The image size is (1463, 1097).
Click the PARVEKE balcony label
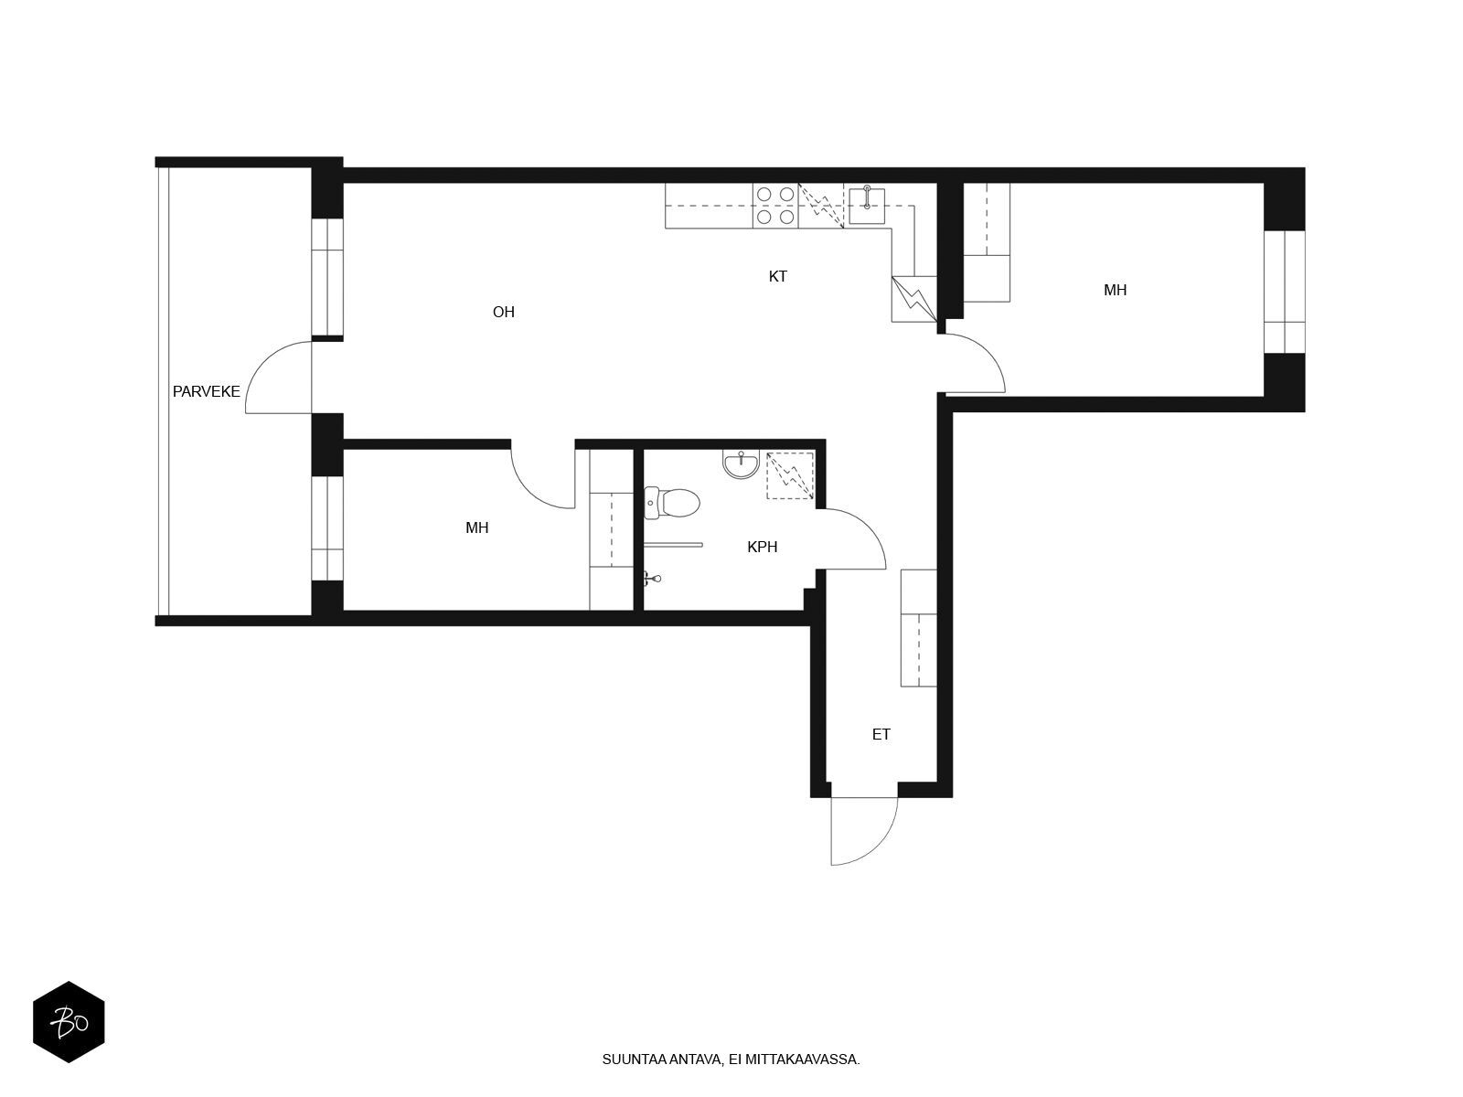click(206, 391)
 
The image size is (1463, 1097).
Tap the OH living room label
click(503, 312)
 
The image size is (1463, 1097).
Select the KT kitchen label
click(778, 276)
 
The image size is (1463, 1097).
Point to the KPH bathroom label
click(762, 547)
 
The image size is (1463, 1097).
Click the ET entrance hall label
click(881, 734)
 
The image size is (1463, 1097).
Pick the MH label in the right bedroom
click(1115, 290)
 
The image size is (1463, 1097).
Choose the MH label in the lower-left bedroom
click(477, 527)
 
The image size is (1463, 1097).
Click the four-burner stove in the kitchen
click(775, 206)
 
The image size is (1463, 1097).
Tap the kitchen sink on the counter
click(867, 197)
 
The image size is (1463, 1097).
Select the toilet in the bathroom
click(671, 503)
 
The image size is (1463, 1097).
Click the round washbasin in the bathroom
click(741, 464)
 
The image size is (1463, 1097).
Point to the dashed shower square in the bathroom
click(790, 475)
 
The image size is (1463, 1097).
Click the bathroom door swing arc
click(867, 527)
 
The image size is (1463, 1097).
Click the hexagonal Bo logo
click(69, 1022)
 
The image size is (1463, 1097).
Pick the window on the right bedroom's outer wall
click(1285, 292)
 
